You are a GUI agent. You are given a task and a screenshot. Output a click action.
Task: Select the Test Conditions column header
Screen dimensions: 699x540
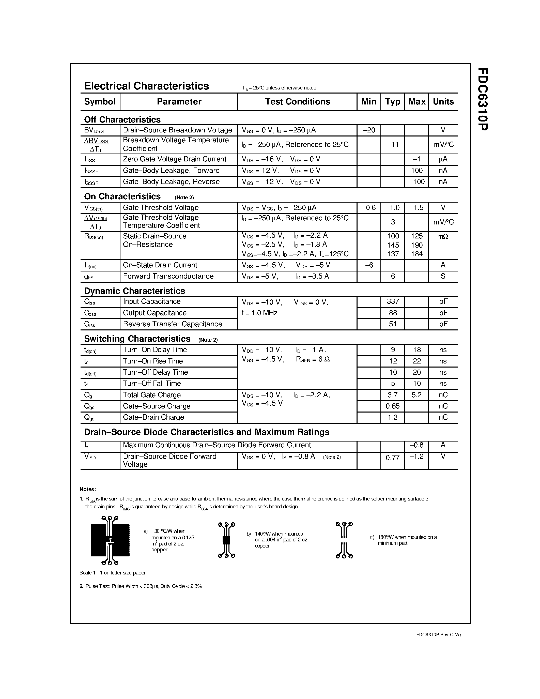[x=297, y=102]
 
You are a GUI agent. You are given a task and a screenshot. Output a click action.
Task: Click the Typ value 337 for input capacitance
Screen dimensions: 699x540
[x=393, y=301]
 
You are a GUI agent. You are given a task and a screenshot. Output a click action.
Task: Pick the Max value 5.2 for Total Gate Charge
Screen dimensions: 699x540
[x=416, y=395]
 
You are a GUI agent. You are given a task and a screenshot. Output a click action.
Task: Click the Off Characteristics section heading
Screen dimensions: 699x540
[x=122, y=120]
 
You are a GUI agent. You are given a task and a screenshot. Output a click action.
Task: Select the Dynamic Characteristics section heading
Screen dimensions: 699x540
[x=134, y=291]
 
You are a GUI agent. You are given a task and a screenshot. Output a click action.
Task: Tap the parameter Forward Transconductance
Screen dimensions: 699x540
[x=168, y=276]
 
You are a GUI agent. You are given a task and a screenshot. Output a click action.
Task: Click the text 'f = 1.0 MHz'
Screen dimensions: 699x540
[x=259, y=313]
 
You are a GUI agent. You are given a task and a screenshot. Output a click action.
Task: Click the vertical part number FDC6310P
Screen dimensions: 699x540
[x=483, y=99]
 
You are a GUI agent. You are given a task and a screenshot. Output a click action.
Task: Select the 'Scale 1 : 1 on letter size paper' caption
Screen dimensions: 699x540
[x=113, y=573]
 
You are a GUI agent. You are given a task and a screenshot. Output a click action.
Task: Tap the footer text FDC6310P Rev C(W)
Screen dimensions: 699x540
[x=438, y=635]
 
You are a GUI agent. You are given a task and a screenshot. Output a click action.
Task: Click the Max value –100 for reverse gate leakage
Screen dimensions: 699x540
[x=416, y=182]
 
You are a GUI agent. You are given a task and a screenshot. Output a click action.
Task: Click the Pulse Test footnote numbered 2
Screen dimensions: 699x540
[x=141, y=586]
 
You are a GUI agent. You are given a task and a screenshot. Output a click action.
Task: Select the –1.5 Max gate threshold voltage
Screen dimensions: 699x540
[x=416, y=208]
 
